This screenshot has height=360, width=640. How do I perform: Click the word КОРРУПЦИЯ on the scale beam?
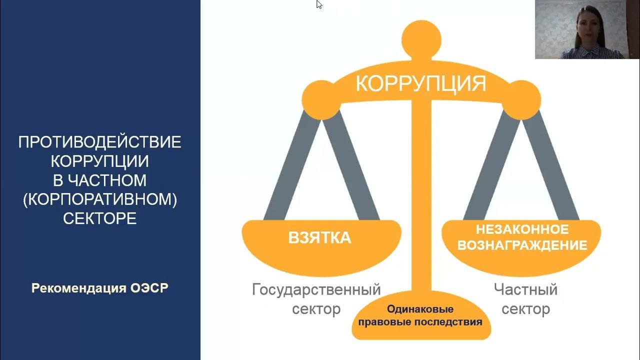421,83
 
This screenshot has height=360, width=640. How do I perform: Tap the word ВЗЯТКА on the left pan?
320,238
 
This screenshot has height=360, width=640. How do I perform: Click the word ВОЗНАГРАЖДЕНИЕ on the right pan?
522,245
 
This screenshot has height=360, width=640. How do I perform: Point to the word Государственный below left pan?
316,289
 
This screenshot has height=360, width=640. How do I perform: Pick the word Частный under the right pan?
525,289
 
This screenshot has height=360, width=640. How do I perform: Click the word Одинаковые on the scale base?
420,309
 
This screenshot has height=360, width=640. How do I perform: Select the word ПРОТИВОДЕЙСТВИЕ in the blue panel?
100,142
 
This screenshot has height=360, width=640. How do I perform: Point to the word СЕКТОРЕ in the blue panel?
100,218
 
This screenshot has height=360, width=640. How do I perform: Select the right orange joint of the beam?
521,99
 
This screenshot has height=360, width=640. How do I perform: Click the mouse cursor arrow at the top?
319,4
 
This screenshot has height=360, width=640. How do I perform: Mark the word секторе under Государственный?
316,309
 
